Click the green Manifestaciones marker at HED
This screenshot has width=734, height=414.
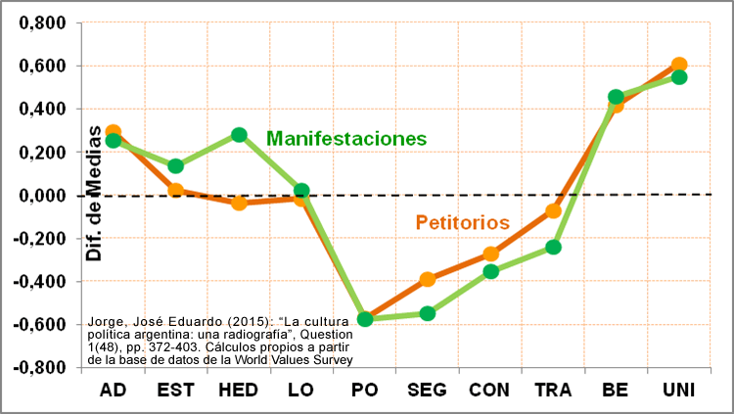239,135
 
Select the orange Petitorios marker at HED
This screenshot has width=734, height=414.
239,203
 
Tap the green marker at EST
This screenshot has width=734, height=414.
176,166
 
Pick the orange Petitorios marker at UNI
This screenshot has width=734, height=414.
679,65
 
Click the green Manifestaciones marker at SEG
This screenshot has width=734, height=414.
428,313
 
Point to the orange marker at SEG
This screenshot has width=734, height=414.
428,279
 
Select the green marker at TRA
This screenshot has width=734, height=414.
553,247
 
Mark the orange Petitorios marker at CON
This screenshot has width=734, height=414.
490,253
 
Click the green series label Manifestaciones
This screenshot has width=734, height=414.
346,138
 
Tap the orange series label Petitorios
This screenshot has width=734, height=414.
462,222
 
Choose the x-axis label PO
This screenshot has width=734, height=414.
364,390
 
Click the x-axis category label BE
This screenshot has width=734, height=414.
616,390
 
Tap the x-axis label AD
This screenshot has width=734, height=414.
114,390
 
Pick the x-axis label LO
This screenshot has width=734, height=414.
301,390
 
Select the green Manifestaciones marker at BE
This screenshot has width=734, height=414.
616,98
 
